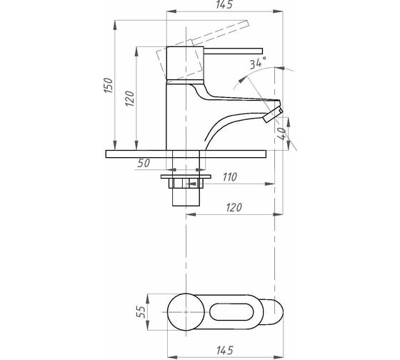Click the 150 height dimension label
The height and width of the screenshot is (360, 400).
(x=109, y=85)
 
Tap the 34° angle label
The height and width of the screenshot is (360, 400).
(x=258, y=63)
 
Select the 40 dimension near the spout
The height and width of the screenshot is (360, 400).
(x=281, y=134)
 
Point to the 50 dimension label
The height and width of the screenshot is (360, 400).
(x=144, y=164)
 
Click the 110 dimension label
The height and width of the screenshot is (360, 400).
(x=230, y=177)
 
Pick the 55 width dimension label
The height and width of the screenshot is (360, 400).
(x=141, y=312)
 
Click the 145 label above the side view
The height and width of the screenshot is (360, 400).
(x=224, y=4)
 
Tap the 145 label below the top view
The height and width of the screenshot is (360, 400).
(x=225, y=350)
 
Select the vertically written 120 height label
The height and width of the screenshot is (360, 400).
(x=130, y=99)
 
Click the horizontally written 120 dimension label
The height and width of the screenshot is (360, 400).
(x=234, y=208)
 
